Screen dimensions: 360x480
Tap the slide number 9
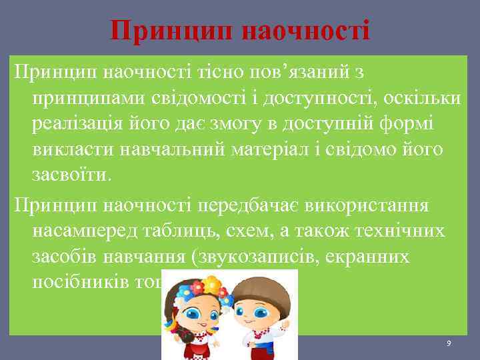tap(449, 342)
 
